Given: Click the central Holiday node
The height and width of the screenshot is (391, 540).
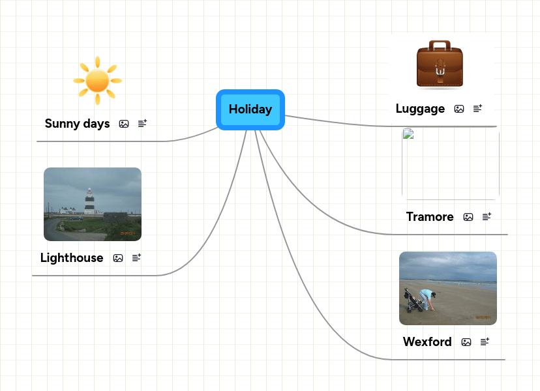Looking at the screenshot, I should pyautogui.click(x=250, y=109).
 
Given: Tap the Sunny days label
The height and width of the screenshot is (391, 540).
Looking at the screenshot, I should pyautogui.click(x=77, y=124).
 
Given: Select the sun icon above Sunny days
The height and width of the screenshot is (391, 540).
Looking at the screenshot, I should pyautogui.click(x=97, y=80).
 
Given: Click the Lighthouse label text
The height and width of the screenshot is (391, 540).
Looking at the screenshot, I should pyautogui.click(x=72, y=258).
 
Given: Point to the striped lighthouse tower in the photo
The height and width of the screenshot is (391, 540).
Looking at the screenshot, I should pyautogui.click(x=89, y=201).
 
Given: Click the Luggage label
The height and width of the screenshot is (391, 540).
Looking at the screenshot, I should pyautogui.click(x=420, y=109).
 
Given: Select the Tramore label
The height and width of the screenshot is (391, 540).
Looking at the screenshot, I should pyautogui.click(x=430, y=217).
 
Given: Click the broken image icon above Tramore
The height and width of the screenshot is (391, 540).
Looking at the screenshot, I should pyautogui.click(x=408, y=135).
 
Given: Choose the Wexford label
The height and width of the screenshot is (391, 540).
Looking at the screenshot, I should pyautogui.click(x=427, y=342).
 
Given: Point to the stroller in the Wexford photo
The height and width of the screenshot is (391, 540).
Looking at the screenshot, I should pyautogui.click(x=413, y=302).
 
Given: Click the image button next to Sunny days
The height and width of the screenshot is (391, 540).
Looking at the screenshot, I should pyautogui.click(x=124, y=124).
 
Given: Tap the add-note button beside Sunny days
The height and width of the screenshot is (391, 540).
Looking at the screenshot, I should pyautogui.click(x=143, y=123).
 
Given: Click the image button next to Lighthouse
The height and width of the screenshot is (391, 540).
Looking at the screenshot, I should pyautogui.click(x=118, y=258).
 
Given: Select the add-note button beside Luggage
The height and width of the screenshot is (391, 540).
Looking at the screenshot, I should pyautogui.click(x=478, y=109).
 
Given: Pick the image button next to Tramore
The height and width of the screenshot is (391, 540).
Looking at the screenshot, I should pyautogui.click(x=468, y=217).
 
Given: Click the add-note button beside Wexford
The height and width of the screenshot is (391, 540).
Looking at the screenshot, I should pyautogui.click(x=485, y=342).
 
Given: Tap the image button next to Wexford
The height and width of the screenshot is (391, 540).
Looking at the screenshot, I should pyautogui.click(x=466, y=342).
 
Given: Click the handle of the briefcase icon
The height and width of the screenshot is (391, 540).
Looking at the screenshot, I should pyautogui.click(x=440, y=46).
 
